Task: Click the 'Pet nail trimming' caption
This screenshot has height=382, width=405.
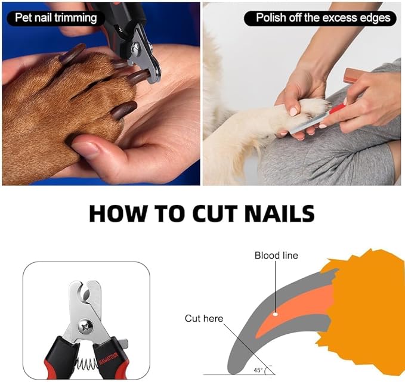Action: pyautogui.click(x=52, y=17)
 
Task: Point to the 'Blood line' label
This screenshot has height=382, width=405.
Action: pyautogui.click(x=276, y=256)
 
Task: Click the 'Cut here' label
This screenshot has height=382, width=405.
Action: pyautogui.click(x=203, y=318)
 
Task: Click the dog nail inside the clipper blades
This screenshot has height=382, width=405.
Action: pyautogui.click(x=138, y=76)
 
